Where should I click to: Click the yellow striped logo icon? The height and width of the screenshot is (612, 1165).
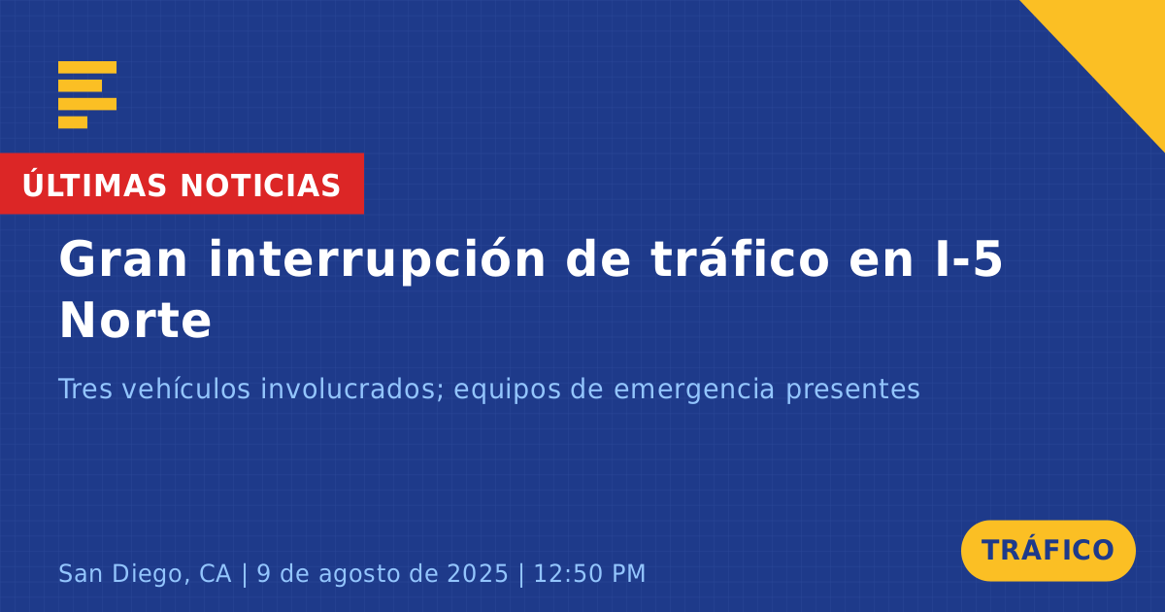click(x=87, y=95)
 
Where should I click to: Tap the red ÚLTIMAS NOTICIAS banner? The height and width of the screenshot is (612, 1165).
click(x=182, y=184)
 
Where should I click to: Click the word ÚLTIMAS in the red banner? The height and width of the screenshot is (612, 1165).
click(x=94, y=185)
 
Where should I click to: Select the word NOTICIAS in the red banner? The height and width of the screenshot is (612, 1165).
click(x=260, y=186)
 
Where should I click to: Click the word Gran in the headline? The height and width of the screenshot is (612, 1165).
click(x=122, y=259)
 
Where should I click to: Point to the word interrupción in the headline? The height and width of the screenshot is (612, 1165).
click(x=377, y=260)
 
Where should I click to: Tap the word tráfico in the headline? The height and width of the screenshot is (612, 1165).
click(x=740, y=258)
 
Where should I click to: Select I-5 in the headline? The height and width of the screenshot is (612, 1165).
click(x=969, y=259)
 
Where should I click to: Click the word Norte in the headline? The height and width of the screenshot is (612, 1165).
click(x=135, y=321)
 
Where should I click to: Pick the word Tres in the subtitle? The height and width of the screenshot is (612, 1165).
click(x=85, y=389)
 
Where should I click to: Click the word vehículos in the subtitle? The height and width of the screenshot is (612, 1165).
click(x=186, y=389)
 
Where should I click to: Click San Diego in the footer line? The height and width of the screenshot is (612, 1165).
click(x=120, y=573)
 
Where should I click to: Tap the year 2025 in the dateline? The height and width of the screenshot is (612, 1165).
click(x=478, y=573)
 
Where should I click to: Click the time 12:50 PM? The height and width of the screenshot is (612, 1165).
click(x=589, y=573)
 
